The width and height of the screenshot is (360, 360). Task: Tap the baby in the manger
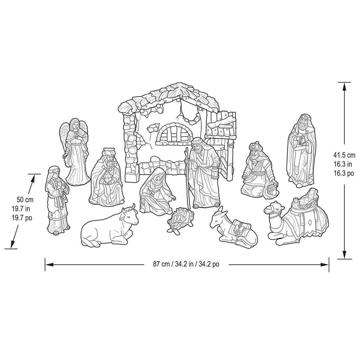[x=179, y=219]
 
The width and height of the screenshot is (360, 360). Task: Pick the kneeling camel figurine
[x=298, y=218]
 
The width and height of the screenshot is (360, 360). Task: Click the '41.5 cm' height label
[x=344, y=155]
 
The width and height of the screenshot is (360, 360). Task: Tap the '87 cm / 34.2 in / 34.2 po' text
[x=186, y=264]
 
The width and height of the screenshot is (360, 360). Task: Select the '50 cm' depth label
[x=25, y=200]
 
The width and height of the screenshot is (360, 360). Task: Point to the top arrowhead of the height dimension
[x=344, y=86]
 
